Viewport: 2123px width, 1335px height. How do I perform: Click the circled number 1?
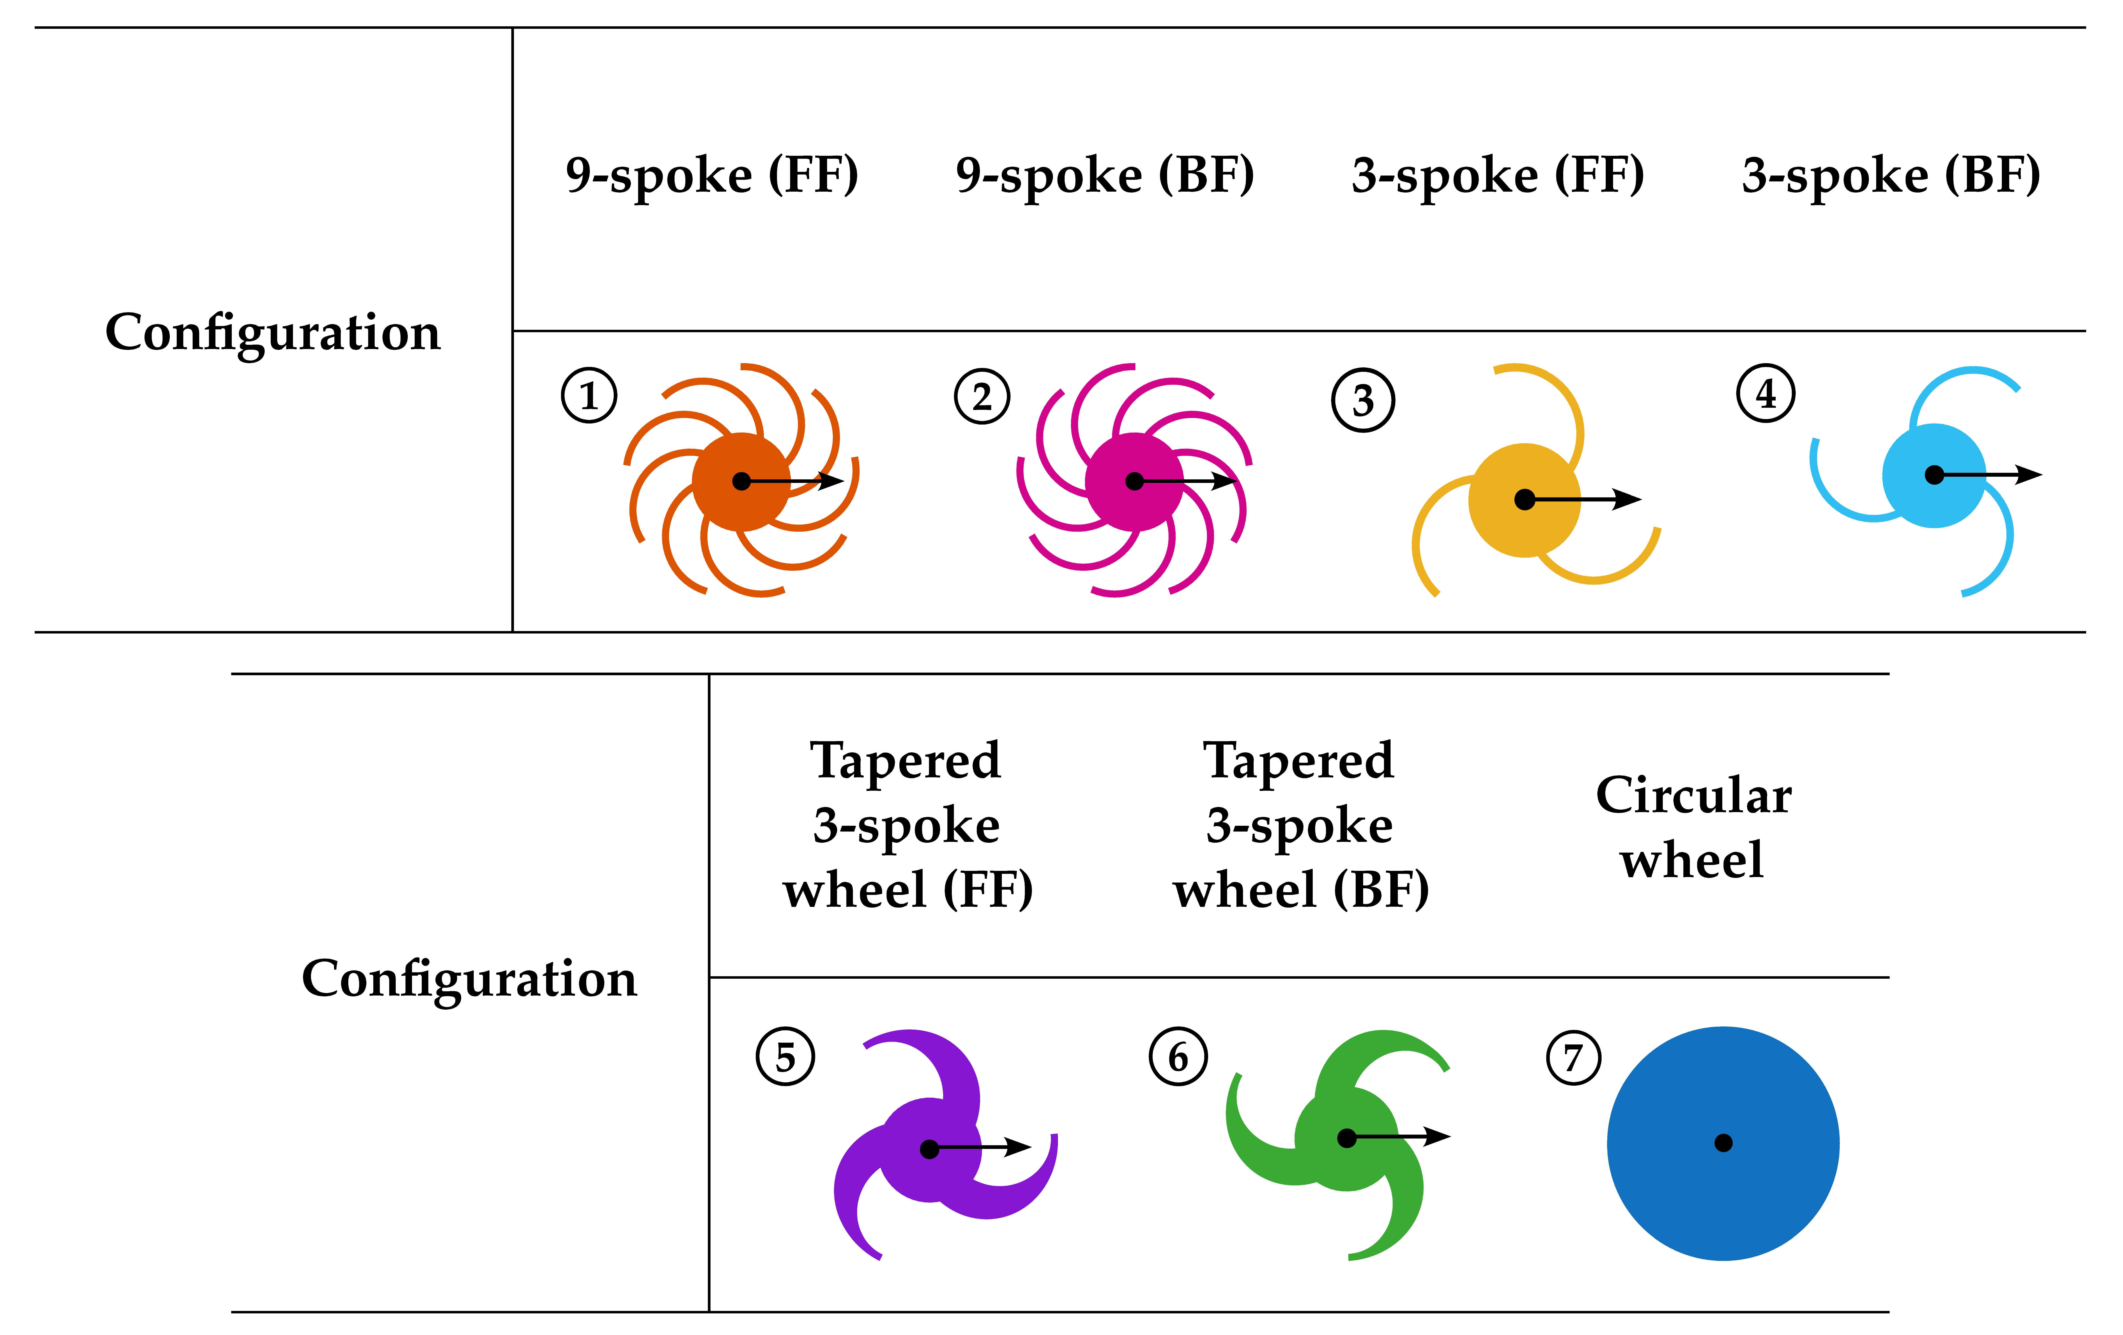(589, 396)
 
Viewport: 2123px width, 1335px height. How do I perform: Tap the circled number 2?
(981, 397)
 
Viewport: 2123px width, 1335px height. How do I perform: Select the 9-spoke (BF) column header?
(1105, 175)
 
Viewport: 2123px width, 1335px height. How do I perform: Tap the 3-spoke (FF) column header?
(1498, 175)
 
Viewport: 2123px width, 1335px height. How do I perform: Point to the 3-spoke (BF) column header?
(1891, 175)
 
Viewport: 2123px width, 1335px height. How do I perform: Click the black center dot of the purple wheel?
(929, 1149)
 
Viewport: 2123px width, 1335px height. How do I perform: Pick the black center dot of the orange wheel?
(742, 481)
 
